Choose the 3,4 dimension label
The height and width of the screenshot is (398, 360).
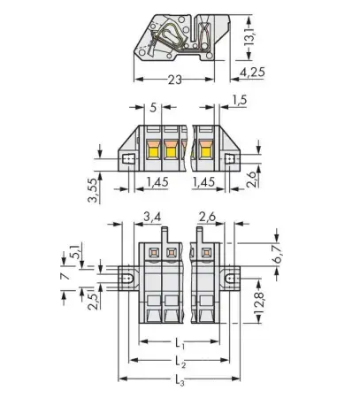[x=151, y=215]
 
